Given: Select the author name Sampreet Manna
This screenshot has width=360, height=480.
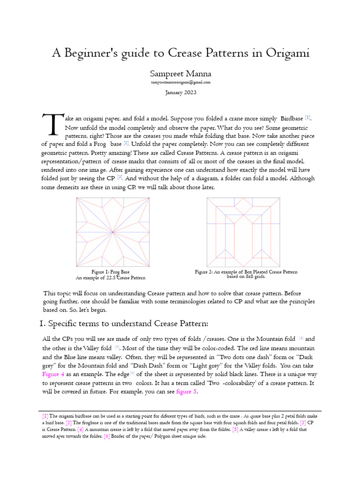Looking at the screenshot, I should point(180,74).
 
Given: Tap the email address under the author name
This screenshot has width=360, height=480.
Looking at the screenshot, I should point(180,82).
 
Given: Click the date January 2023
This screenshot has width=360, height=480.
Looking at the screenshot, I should point(180,92).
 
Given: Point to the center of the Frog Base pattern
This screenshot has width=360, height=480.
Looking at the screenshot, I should point(113,232).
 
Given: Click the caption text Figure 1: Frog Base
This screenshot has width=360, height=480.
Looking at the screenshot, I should point(111,272).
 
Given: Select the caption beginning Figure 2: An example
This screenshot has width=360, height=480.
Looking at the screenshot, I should point(246,272).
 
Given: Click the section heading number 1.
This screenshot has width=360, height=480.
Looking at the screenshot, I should point(40,323).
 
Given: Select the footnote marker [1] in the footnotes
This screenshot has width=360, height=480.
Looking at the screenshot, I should point(45,416).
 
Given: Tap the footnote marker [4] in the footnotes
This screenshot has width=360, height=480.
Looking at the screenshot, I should point(80,429).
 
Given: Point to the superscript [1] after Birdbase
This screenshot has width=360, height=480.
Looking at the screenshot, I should point(307,117).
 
